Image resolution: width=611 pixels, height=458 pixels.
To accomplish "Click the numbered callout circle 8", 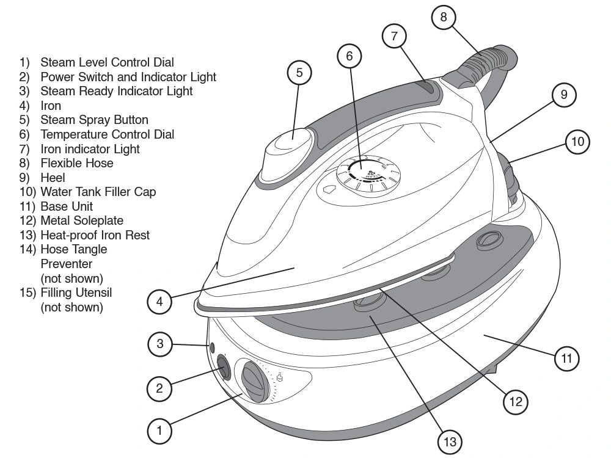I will (x=444, y=17).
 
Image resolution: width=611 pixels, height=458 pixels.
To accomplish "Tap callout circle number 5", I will (x=299, y=73).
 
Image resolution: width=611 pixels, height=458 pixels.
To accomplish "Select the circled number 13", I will (x=450, y=442).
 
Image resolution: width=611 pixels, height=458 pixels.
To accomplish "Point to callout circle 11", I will (x=566, y=358).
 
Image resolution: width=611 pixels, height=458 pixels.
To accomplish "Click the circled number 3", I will (x=160, y=344).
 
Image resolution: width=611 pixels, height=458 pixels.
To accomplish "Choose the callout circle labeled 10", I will (x=577, y=142).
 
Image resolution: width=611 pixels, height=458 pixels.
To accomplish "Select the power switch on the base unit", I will (x=222, y=368).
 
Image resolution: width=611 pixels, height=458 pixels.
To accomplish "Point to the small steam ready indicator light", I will (x=212, y=347).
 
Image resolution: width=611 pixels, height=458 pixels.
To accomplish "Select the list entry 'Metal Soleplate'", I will (x=82, y=220).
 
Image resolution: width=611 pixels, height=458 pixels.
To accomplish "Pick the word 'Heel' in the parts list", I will (x=53, y=178).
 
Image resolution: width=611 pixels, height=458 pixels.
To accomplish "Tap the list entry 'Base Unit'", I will (x=67, y=206).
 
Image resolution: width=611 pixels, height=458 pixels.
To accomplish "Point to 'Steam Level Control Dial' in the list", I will (x=107, y=62).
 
